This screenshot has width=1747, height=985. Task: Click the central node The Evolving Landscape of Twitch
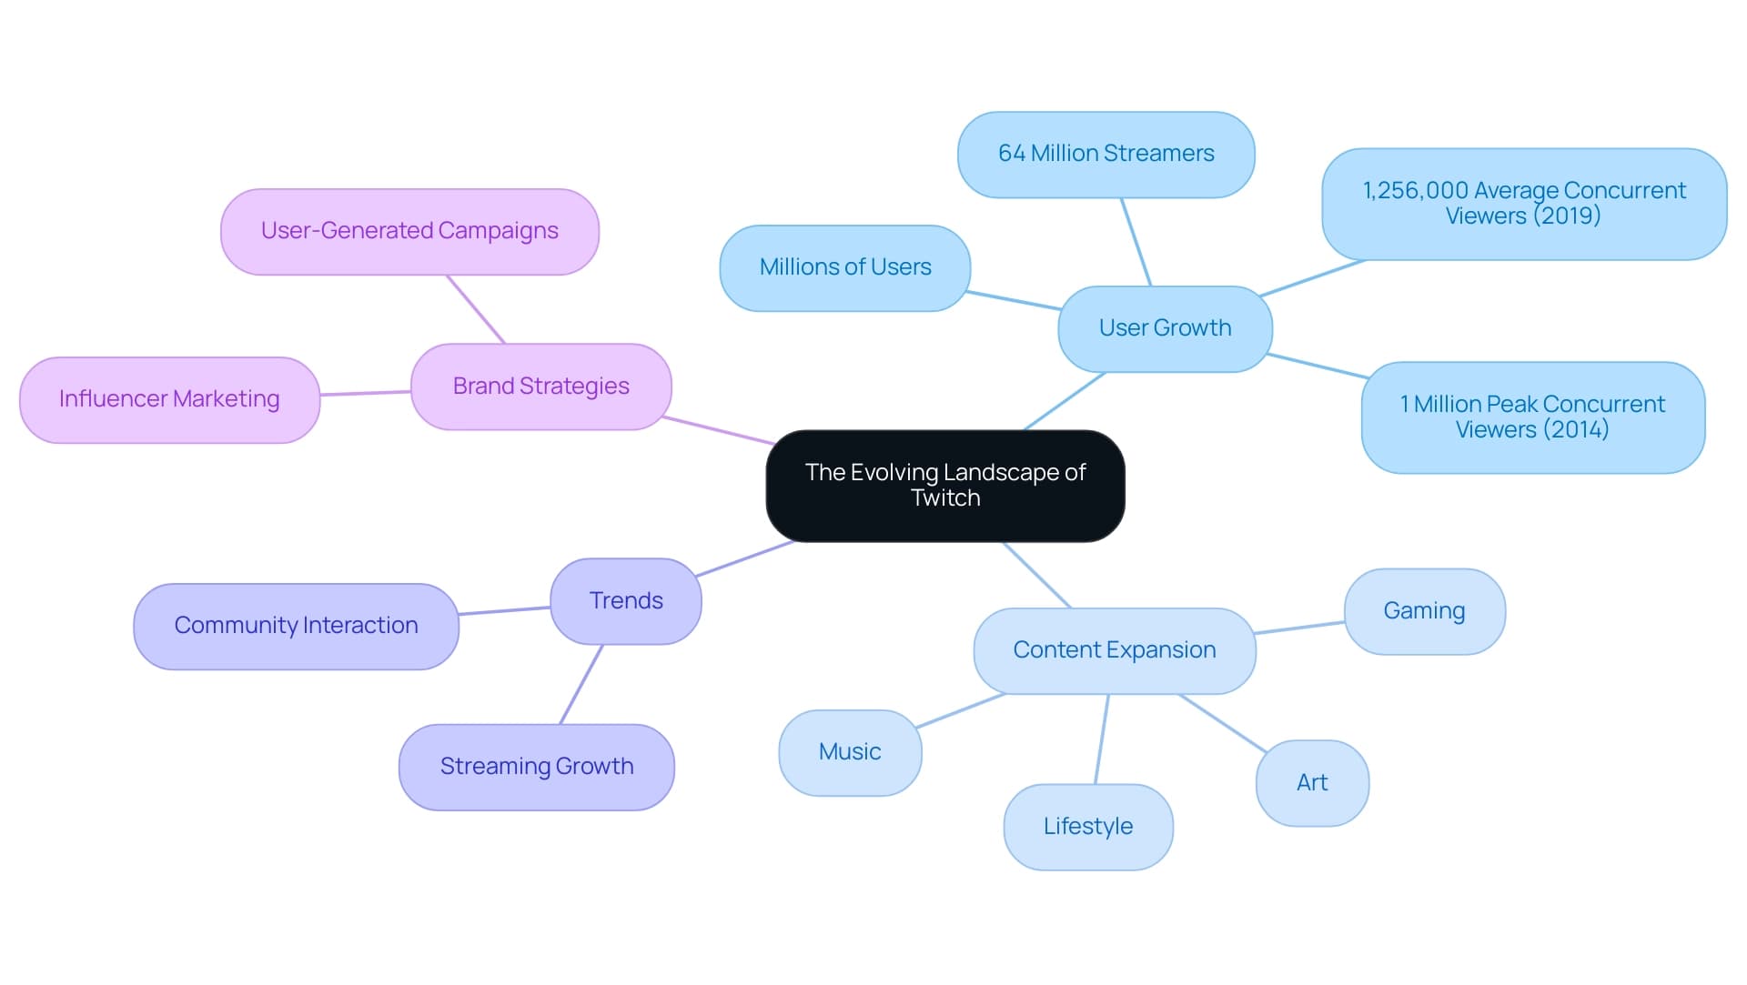(x=945, y=486)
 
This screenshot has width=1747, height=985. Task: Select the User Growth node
(x=1165, y=328)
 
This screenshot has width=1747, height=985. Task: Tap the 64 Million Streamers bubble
(x=1106, y=154)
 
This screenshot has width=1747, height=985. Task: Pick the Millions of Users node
(x=844, y=267)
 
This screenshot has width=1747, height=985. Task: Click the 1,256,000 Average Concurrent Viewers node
(x=1524, y=204)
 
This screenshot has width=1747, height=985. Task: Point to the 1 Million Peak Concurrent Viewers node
(x=1532, y=417)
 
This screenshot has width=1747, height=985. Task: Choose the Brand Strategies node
(x=540, y=387)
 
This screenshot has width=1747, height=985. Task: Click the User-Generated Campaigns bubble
(x=409, y=231)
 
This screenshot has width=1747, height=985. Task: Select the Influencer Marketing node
(x=169, y=399)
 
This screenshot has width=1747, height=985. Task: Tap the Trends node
(x=626, y=601)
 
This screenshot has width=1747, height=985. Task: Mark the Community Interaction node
(x=296, y=626)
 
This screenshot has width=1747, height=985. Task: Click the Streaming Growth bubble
(x=537, y=767)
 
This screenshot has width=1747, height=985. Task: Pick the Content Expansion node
(x=1114, y=650)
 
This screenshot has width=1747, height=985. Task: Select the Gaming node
(x=1424, y=611)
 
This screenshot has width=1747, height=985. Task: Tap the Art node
(x=1312, y=783)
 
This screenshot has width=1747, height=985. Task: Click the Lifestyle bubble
(x=1088, y=827)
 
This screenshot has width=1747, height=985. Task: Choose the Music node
(x=850, y=752)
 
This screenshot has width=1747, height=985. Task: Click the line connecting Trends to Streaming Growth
(x=581, y=684)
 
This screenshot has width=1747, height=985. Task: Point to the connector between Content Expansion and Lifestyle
(x=1102, y=739)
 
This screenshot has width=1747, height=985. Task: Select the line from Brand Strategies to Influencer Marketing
(x=365, y=393)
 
